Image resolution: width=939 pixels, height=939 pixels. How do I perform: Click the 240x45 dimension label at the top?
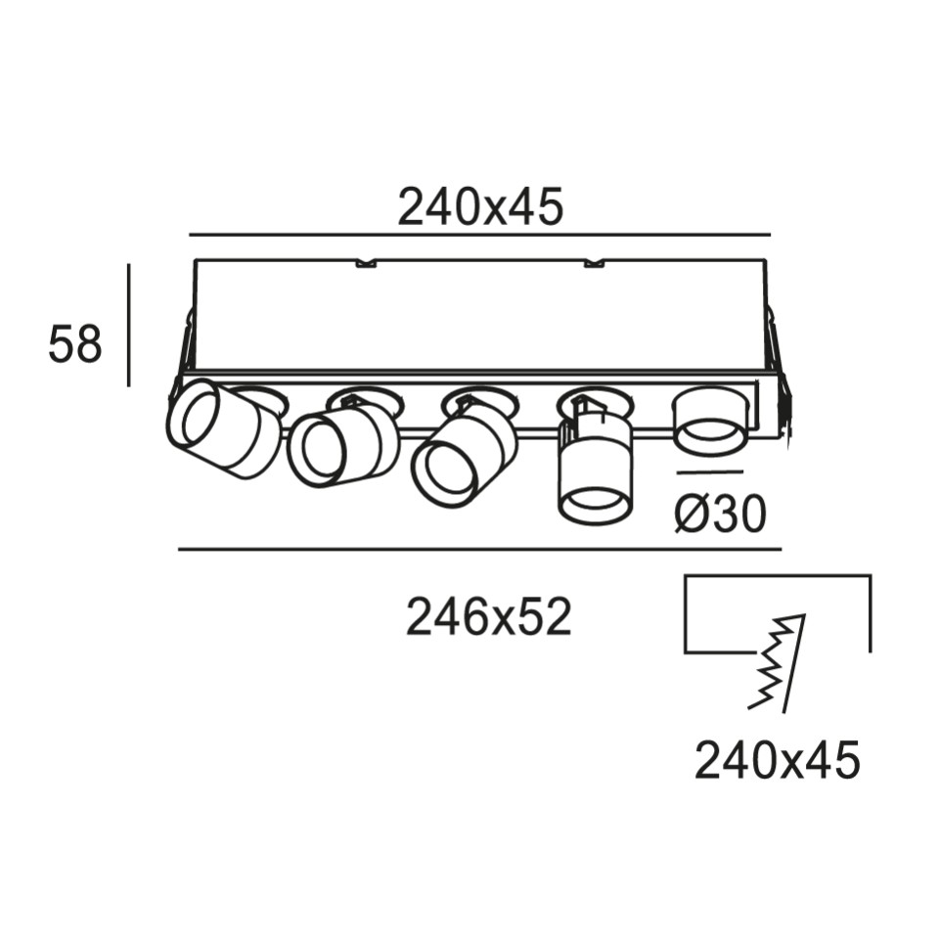click(480, 207)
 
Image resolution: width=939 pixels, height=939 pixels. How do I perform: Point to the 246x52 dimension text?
click(489, 618)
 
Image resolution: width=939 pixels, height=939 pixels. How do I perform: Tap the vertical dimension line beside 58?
click(129, 325)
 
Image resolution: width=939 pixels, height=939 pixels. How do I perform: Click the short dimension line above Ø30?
click(710, 473)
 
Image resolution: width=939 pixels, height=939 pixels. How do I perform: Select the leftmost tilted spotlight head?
click(223, 428)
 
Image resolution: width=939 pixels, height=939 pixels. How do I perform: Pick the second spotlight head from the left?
click(342, 440)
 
